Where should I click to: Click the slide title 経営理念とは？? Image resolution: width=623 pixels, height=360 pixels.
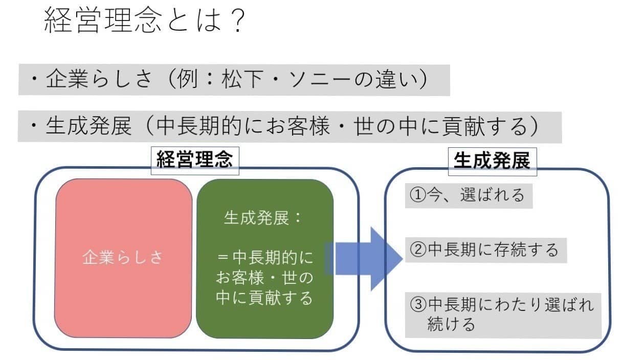[x=144, y=20]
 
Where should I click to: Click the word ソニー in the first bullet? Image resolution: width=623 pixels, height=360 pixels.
[x=319, y=79]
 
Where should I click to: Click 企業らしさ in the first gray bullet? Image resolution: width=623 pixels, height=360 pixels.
[x=99, y=79]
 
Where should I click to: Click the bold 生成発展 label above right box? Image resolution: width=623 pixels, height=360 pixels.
[x=492, y=161]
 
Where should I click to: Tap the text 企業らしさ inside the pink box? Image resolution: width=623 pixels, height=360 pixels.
[x=122, y=257]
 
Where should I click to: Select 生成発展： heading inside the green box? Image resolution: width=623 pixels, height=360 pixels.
[x=263, y=217]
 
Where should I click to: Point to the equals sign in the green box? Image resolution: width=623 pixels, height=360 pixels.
[x=223, y=257]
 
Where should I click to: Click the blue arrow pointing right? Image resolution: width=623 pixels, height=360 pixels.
[x=364, y=259]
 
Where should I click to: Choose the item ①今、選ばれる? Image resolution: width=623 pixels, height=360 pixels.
[x=468, y=195]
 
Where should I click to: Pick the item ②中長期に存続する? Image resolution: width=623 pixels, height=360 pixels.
[x=484, y=250]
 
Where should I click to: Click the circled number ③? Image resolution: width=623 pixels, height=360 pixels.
[x=418, y=304]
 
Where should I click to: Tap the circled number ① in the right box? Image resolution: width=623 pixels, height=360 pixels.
[x=418, y=195]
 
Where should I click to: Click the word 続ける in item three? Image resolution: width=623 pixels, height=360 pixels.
[x=451, y=324]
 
